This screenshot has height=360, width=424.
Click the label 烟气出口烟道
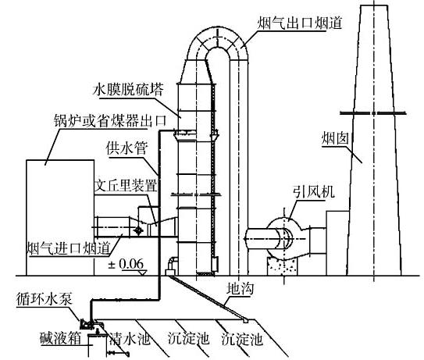[x=299, y=23]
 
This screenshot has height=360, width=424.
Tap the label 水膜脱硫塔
[x=128, y=90]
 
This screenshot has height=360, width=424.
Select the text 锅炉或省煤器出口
[x=110, y=120]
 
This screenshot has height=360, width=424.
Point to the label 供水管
[x=126, y=148]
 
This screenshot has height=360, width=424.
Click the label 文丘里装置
[x=126, y=185]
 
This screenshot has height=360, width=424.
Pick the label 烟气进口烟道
[x=69, y=248]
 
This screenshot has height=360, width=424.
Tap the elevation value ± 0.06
[x=126, y=264]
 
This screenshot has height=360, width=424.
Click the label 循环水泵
[x=44, y=299]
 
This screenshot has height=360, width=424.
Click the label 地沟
[x=241, y=289]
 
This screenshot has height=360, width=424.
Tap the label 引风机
[x=314, y=192]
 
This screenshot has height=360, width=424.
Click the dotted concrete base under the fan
[x=283, y=266]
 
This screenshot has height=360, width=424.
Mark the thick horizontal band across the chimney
[x=373, y=113]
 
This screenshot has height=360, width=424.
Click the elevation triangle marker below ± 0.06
[x=142, y=273]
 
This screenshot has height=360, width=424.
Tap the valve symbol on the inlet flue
[x=139, y=230]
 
